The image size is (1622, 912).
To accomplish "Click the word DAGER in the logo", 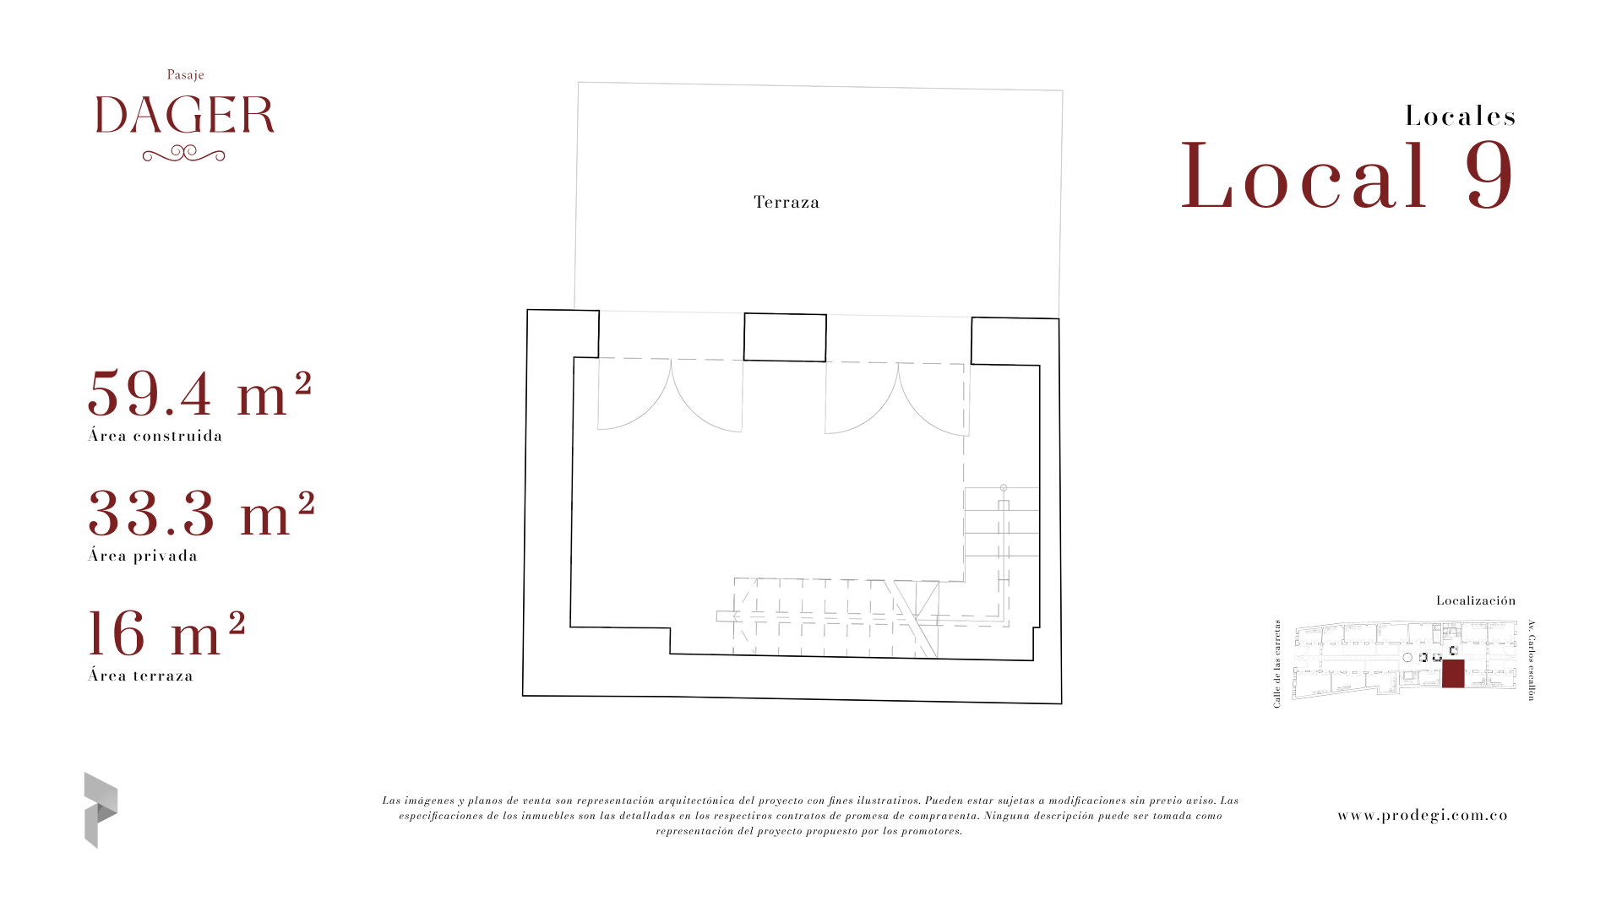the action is tap(185, 115).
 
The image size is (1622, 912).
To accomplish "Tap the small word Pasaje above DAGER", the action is tap(186, 75).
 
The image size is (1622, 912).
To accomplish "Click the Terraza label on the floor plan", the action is tap(787, 202).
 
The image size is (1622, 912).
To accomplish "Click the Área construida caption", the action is tap(155, 436).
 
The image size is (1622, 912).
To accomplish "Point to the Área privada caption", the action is tap(143, 556).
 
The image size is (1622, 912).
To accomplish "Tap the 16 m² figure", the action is tap(166, 633).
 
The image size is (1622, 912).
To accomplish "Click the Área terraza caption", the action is tap(141, 676).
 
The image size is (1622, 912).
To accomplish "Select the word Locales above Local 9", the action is tap(1461, 117).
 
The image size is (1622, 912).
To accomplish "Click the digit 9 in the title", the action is tap(1490, 176).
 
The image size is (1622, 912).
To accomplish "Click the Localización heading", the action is tap(1476, 600).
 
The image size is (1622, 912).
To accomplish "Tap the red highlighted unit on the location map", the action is tap(1453, 674).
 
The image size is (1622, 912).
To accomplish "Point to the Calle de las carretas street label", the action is tap(1277, 664).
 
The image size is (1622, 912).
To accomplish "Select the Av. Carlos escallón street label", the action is tap(1531, 660).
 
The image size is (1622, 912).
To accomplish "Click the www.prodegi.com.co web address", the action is tap(1423, 816).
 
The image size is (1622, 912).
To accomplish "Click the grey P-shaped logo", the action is tap(101, 810).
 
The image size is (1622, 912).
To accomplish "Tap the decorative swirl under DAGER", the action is tap(184, 154).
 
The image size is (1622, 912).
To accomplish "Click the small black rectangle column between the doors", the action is tap(785, 338).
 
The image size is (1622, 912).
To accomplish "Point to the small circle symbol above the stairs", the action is tap(1004, 488).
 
